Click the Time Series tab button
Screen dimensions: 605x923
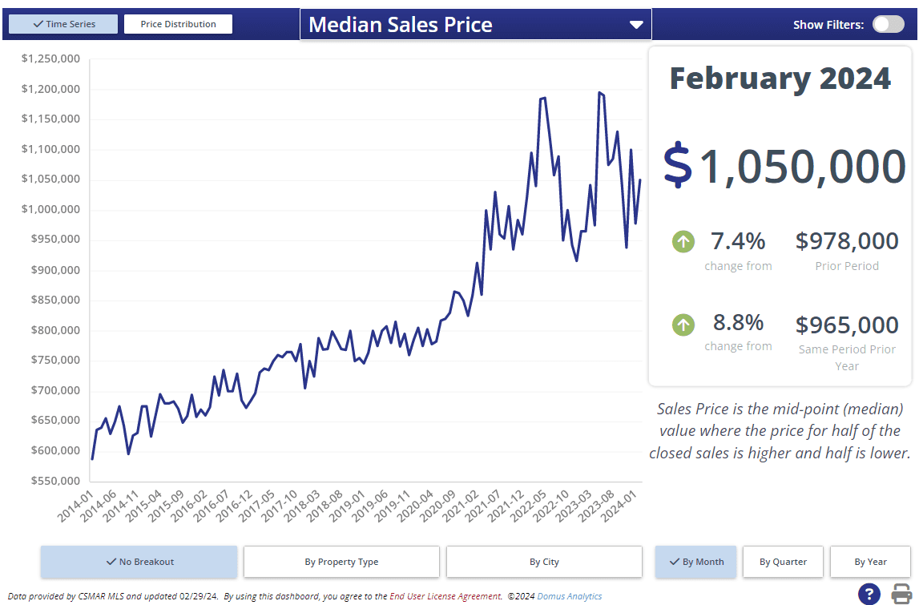pos(63,24)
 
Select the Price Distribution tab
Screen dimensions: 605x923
pos(178,24)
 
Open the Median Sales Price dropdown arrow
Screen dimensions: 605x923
pos(636,25)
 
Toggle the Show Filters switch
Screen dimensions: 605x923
pos(888,24)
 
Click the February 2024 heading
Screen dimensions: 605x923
pos(780,79)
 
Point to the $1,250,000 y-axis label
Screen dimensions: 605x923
pos(50,58)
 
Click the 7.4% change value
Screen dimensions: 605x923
pos(738,240)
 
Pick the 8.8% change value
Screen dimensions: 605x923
pos(738,323)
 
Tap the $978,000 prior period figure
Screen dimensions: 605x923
pos(847,240)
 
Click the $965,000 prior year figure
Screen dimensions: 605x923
pos(847,325)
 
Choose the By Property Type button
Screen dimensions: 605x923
pos(341,562)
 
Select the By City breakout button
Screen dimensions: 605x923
pos(544,562)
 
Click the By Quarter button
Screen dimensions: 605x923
pos(783,562)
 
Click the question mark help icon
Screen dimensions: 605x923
pos(869,594)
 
